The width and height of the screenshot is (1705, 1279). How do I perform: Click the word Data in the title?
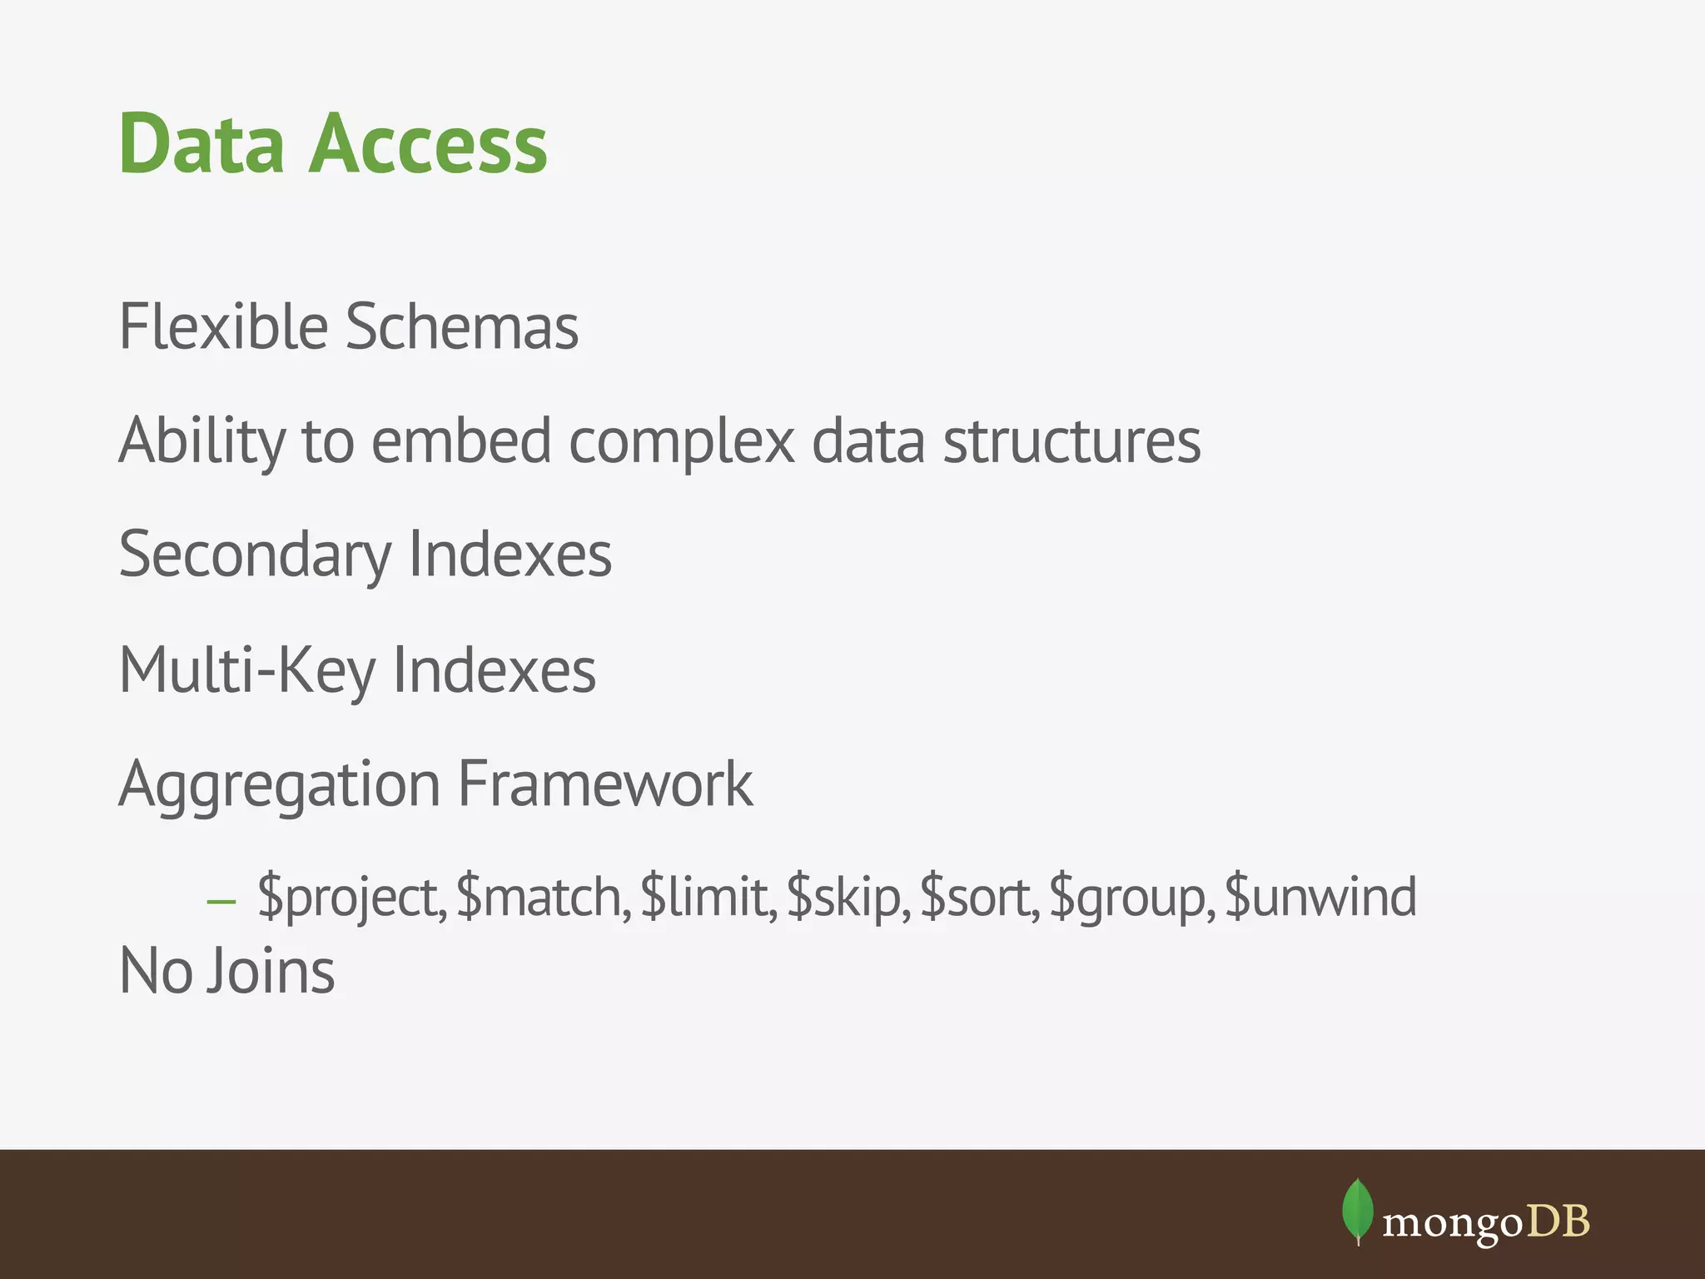click(202, 144)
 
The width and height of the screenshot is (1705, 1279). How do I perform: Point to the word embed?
click(461, 440)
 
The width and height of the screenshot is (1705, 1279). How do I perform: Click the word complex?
click(682, 440)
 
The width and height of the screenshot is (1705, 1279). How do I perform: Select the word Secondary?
click(255, 555)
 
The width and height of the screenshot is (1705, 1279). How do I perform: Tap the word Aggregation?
click(280, 784)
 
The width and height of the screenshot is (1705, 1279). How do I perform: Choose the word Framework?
click(605, 784)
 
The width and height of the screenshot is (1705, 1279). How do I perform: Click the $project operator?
click(350, 898)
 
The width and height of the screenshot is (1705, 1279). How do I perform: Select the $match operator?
click(542, 898)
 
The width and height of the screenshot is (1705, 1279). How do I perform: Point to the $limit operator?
click(708, 898)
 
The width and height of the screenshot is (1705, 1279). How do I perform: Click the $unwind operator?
click(1320, 898)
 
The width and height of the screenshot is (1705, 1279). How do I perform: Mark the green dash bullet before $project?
click(221, 902)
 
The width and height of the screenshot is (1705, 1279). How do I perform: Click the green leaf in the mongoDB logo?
click(1357, 1210)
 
